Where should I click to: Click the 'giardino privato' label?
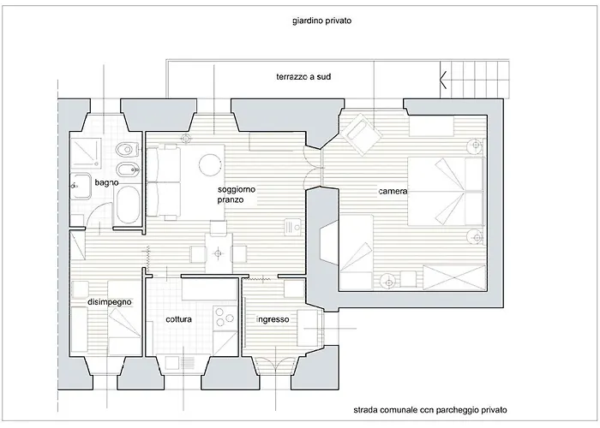pyautogui.click(x=321, y=21)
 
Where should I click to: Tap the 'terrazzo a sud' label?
pyautogui.click(x=303, y=77)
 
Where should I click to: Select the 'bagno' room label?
pyautogui.click(x=106, y=182)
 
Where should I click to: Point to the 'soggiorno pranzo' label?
pyautogui.click(x=237, y=194)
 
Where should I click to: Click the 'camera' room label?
pyautogui.click(x=393, y=191)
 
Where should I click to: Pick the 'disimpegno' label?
pyautogui.click(x=110, y=302)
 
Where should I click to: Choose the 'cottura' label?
pyautogui.click(x=178, y=319)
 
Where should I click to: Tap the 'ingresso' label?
pyautogui.click(x=273, y=319)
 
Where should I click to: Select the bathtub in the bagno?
pyautogui.click(x=128, y=205)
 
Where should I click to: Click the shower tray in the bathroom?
pyautogui.click(x=87, y=153)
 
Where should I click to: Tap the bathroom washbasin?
pyautogui.click(x=81, y=186)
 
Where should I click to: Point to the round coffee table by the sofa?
pyautogui.click(x=210, y=164)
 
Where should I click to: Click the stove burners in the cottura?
pyautogui.click(x=225, y=318)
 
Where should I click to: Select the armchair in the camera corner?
pyautogui.click(x=362, y=134)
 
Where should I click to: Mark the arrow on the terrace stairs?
pyautogui.click(x=443, y=80)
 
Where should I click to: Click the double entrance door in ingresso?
pyautogui.click(x=275, y=364)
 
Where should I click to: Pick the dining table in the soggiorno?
pyautogui.click(x=219, y=253)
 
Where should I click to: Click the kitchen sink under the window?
pyautogui.click(x=180, y=363)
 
